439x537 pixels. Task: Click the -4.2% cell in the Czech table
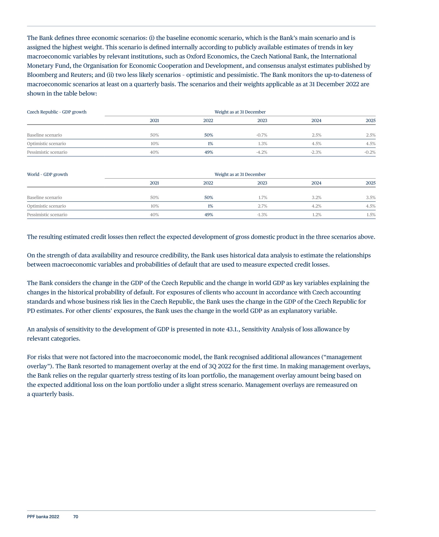tap(262, 152)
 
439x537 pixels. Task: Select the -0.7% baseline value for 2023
tap(262, 135)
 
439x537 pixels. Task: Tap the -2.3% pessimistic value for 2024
tap(316, 152)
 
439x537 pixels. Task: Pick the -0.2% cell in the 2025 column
tap(370, 152)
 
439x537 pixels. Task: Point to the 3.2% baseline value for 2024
tap(317, 197)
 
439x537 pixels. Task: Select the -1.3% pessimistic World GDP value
tap(262, 215)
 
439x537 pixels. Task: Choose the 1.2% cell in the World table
tap(317, 215)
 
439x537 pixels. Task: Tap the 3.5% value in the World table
tap(371, 197)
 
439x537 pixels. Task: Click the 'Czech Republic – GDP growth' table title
tap(57, 112)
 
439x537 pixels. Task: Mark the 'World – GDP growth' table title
tap(47, 174)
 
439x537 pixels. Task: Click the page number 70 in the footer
tap(76, 517)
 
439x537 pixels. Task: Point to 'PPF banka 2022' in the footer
tap(43, 517)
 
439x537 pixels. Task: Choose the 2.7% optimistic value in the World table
tap(262, 206)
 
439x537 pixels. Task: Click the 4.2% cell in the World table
tap(317, 206)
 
